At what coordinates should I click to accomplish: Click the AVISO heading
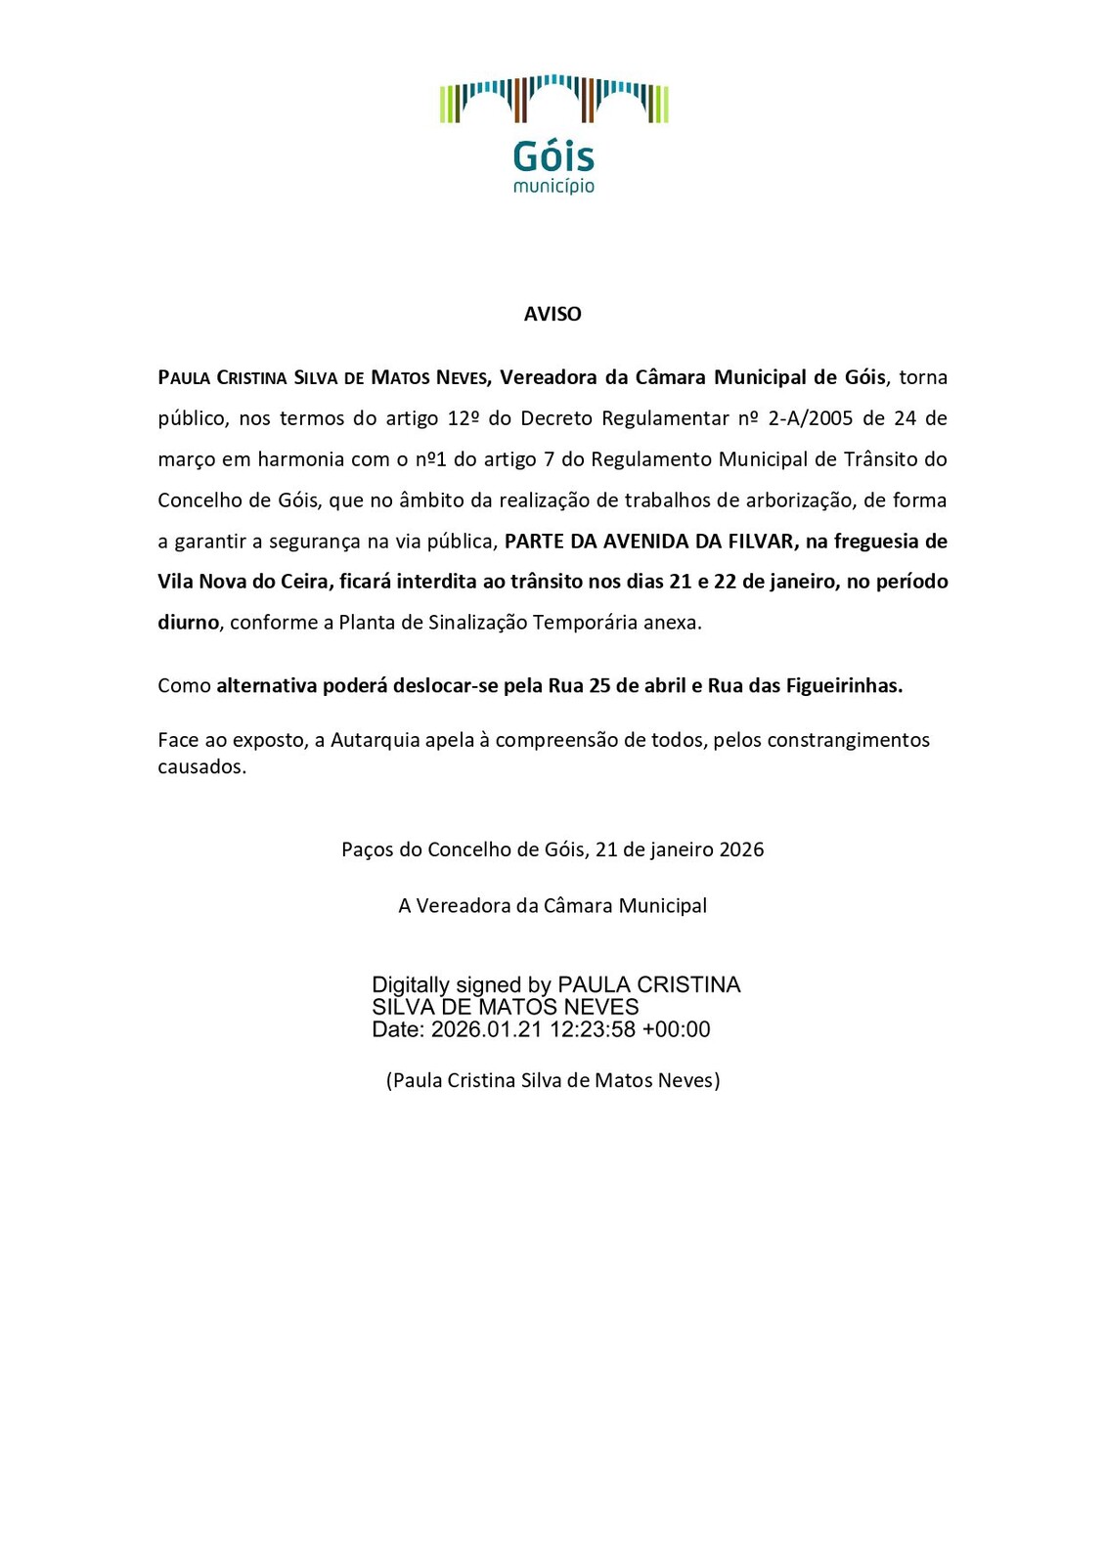coord(553,314)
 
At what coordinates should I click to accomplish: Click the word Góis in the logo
coord(553,156)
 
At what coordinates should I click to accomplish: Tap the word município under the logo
coord(553,186)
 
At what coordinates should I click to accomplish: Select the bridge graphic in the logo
coord(553,99)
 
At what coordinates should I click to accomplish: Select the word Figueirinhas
coord(844,686)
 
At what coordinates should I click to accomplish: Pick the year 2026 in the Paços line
coord(741,849)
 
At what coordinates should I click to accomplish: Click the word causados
coord(201,766)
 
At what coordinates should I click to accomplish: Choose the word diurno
coord(188,623)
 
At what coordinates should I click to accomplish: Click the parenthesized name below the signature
coord(553,1080)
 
